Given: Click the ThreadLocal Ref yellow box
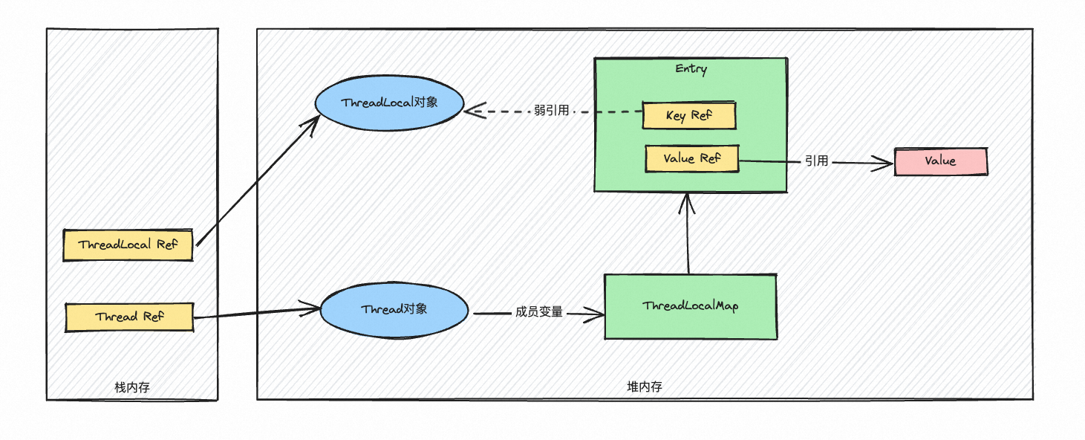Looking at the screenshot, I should pyautogui.click(x=128, y=245).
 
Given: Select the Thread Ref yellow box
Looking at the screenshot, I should pyautogui.click(x=129, y=317).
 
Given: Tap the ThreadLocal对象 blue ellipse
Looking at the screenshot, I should pyautogui.click(x=390, y=103).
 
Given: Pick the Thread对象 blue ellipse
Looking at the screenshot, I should pyautogui.click(x=394, y=309).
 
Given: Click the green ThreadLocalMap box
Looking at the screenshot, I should pyautogui.click(x=690, y=306).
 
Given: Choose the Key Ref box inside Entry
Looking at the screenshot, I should pyautogui.click(x=688, y=116).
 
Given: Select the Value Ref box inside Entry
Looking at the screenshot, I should pyautogui.click(x=691, y=158).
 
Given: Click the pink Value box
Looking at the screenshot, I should pyautogui.click(x=940, y=161).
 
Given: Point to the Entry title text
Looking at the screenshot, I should pyautogui.click(x=691, y=69).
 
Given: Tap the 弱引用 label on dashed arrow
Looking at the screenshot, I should pyautogui.click(x=551, y=111).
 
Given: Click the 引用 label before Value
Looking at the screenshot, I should pyautogui.click(x=816, y=161).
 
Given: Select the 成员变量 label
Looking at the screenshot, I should pyautogui.click(x=538, y=313).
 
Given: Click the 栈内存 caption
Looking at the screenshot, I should pyautogui.click(x=132, y=386).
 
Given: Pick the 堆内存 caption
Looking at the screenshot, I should pyautogui.click(x=644, y=386).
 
